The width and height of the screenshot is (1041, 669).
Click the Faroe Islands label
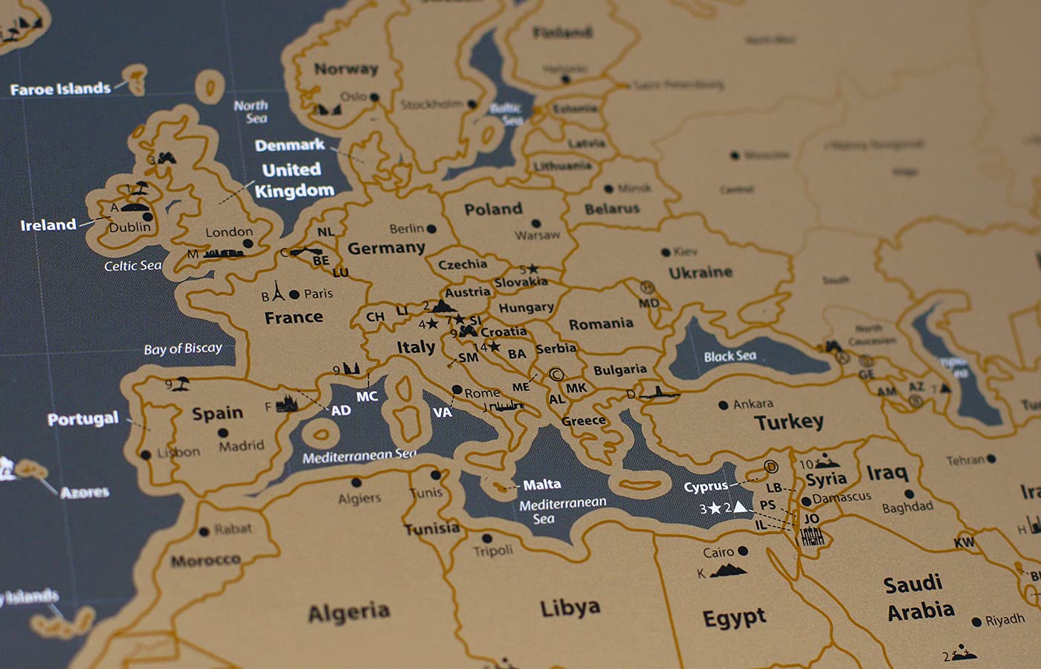60,89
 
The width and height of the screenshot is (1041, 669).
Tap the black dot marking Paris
294,294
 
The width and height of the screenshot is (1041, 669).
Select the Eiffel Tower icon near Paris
278,291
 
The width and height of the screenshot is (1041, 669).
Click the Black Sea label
730,356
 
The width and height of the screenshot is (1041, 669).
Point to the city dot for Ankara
723,405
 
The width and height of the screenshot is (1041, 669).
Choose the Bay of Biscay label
183,348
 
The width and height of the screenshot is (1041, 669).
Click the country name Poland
493,209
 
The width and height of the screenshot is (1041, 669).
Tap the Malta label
542,485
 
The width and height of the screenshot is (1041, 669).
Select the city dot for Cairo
743,551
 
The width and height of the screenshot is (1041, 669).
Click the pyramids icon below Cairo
729,571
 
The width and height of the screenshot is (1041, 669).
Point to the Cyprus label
706,486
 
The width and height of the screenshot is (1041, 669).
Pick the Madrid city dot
222,433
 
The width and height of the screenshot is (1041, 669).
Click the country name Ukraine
700,273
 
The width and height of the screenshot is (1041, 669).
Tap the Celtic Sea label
132,265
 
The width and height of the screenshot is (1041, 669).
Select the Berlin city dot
431,229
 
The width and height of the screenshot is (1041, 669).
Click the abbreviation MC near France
367,396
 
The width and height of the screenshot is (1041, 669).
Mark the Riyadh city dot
976,621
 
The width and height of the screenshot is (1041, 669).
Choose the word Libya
570,607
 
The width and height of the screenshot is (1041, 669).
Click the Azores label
85,492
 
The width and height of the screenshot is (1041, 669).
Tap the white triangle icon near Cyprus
740,507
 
